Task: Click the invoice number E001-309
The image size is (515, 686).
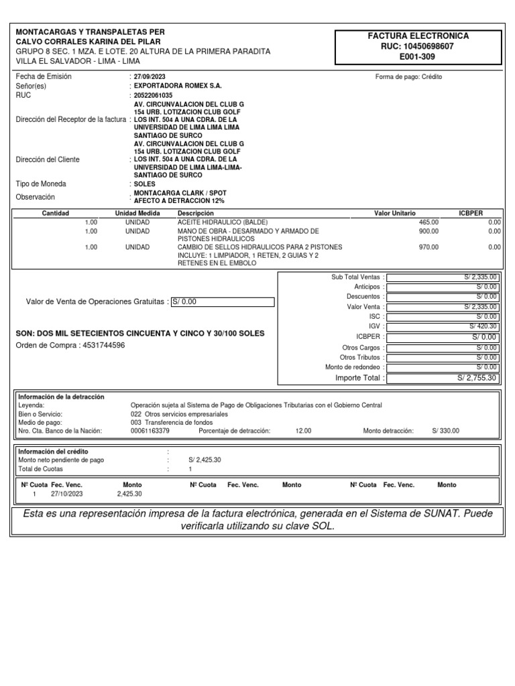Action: pyautogui.click(x=418, y=57)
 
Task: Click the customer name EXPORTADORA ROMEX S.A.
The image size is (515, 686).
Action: pyautogui.click(x=177, y=86)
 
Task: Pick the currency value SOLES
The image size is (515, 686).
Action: pyautogui.click(x=144, y=184)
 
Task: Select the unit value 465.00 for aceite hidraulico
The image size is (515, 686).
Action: pyautogui.click(x=428, y=222)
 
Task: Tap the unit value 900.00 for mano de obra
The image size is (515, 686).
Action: pyautogui.click(x=428, y=231)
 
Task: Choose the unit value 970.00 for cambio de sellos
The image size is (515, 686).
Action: pyautogui.click(x=428, y=247)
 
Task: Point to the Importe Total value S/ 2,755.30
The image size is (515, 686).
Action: pyautogui.click(x=477, y=378)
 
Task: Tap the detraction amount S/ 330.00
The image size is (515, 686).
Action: pyautogui.click(x=446, y=431)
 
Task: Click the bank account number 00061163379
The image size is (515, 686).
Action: pyautogui.click(x=150, y=431)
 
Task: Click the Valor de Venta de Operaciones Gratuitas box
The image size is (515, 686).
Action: pyautogui.click(x=223, y=301)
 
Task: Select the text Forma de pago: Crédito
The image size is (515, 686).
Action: pyautogui.click(x=408, y=77)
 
